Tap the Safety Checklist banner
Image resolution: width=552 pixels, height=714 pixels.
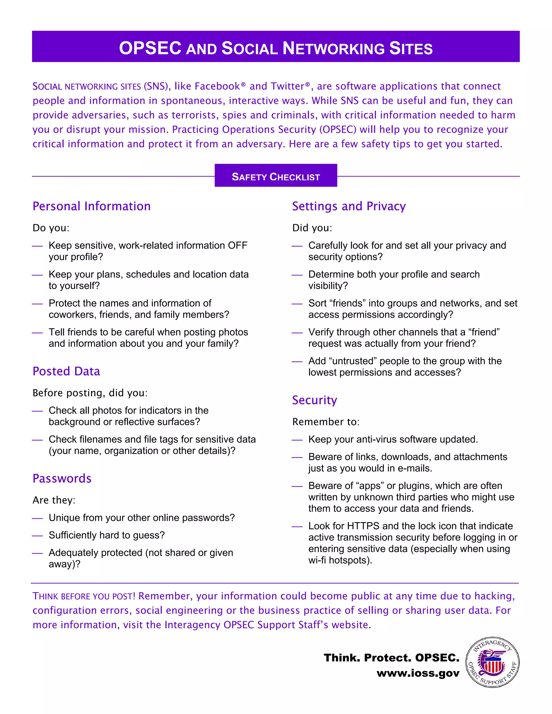[276, 176]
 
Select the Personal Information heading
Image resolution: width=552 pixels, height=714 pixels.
[92, 206]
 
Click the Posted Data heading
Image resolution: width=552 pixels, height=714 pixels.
[66, 371]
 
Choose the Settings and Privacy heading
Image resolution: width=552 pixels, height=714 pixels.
[349, 206]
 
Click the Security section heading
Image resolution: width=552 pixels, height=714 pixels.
[315, 400]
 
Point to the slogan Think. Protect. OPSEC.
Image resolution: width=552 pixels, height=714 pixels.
[391, 657]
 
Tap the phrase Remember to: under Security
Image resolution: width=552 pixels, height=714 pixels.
[326, 422]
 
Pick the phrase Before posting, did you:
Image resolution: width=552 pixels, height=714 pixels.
[90, 393]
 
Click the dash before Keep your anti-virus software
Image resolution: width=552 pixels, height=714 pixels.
[297, 440]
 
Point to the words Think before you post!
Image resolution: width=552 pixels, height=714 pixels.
[84, 596]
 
